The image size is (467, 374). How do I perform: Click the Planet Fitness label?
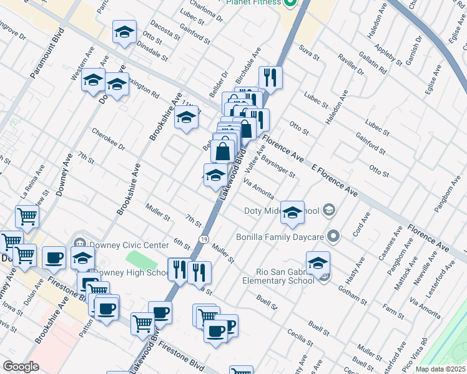point(253,2)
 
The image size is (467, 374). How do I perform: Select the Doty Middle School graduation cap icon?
point(292,214)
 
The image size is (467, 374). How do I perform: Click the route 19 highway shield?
point(204,239)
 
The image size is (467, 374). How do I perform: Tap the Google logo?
point(20,367)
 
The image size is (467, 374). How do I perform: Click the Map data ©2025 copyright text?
point(441,369)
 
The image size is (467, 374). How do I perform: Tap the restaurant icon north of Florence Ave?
point(270,77)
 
